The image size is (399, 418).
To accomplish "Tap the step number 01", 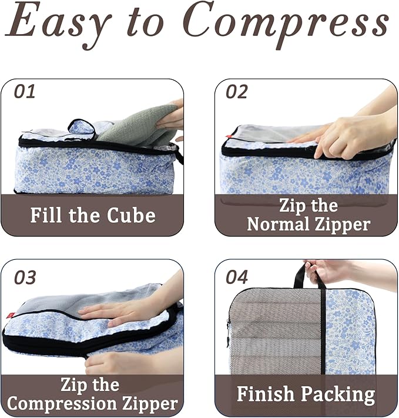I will [x=25, y=92].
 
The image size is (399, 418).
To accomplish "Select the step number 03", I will [x=25, y=277].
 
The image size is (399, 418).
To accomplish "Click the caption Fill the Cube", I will [x=92, y=215].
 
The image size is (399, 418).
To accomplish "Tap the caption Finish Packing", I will [x=306, y=393].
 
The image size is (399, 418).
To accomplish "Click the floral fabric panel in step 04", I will [x=353, y=329].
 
